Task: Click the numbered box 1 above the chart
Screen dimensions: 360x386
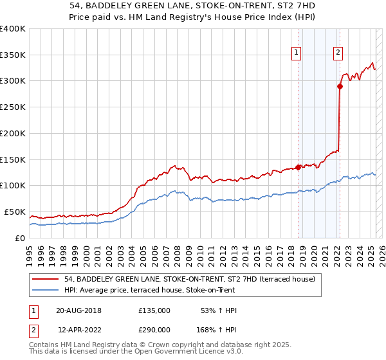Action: pyautogui.click(x=297, y=53)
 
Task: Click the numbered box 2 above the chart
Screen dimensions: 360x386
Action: pyautogui.click(x=338, y=53)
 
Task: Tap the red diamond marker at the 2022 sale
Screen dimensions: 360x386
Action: pyautogui.click(x=340, y=85)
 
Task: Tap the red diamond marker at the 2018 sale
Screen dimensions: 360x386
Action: pyautogui.click(x=299, y=166)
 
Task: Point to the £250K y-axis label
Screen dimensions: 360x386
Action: pyautogui.click(x=13, y=107)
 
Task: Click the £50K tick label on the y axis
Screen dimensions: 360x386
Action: pyautogui.click(x=15, y=212)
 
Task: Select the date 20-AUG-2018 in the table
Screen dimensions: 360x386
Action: pyautogui.click(x=78, y=310)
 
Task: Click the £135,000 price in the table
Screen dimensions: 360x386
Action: pyautogui.click(x=154, y=310)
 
